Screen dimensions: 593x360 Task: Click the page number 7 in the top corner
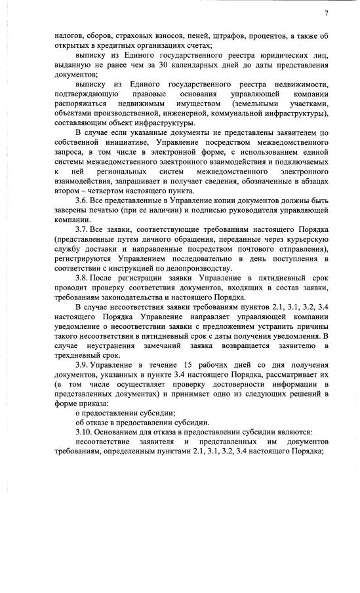(327, 14)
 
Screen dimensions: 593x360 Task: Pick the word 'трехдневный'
(63, 354)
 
